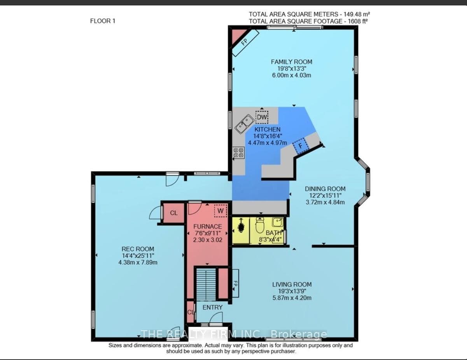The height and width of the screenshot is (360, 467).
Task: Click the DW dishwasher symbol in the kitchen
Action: (x=262, y=117)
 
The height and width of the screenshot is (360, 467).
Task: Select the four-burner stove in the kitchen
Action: (x=239, y=153)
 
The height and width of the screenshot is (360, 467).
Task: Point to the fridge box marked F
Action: (x=301, y=146)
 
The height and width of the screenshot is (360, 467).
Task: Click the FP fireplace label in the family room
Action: (x=244, y=42)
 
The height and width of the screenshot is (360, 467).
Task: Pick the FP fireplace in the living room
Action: (x=235, y=283)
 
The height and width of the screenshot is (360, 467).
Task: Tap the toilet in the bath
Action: (x=260, y=225)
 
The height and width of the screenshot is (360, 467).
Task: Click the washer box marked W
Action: (x=220, y=211)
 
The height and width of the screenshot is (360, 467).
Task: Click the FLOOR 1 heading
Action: (x=103, y=21)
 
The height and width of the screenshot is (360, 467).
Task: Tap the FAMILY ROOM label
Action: (x=291, y=62)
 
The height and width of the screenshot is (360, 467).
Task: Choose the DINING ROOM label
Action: (x=325, y=189)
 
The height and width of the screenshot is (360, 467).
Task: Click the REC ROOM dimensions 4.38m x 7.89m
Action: (x=138, y=262)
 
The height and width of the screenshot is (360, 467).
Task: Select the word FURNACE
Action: (x=207, y=227)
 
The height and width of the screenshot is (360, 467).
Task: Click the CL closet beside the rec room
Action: (x=174, y=213)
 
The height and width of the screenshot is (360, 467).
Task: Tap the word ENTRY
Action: (x=212, y=307)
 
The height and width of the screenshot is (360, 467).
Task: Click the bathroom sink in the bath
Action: (x=277, y=222)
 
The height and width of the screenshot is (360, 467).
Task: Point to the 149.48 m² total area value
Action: (x=357, y=14)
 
